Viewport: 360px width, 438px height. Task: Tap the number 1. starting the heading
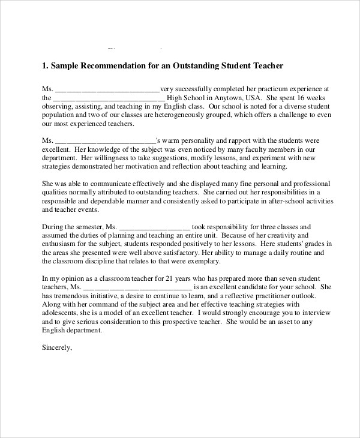[45, 65]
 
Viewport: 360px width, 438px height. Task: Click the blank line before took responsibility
[155, 227]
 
